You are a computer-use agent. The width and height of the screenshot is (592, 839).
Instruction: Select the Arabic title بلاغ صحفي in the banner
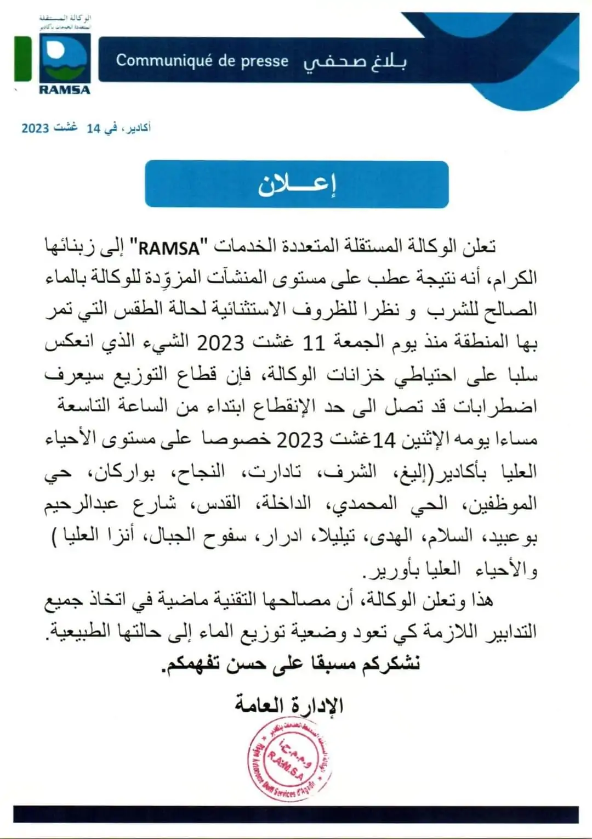[x=355, y=62]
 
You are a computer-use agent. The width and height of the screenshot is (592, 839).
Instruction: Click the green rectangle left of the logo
[x=22, y=59]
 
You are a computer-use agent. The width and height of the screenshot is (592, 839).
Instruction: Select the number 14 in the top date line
[x=93, y=128]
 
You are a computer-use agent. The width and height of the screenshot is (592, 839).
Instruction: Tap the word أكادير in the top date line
[x=137, y=128]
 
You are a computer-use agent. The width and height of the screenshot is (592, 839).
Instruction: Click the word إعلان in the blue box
[x=297, y=185]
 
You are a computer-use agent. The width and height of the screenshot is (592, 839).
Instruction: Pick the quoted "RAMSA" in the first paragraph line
[x=169, y=249]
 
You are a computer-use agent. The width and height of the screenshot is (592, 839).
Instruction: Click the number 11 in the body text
[x=314, y=343]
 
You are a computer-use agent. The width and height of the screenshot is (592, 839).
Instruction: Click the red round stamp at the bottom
[x=289, y=759]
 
